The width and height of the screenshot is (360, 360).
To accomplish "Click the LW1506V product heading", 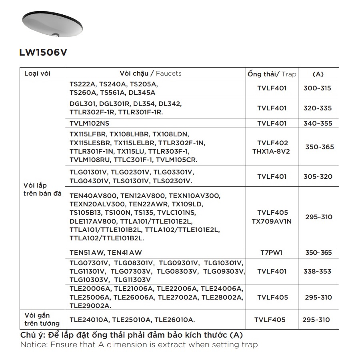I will (x=43, y=53).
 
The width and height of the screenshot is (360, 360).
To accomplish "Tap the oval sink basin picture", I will (x=52, y=24).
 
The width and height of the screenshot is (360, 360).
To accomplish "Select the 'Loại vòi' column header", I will (x=38, y=74).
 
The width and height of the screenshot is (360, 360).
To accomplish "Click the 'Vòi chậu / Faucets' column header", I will (x=150, y=74).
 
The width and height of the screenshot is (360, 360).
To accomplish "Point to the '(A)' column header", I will (x=318, y=74).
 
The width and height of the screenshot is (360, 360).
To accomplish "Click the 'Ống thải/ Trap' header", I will (x=272, y=74).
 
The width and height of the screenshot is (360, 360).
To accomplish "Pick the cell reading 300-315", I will (x=318, y=88).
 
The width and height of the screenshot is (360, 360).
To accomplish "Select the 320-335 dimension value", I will (x=318, y=108).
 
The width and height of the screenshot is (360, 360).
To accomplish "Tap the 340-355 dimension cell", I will (x=318, y=123).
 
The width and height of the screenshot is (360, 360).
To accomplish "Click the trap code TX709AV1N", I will (x=272, y=221).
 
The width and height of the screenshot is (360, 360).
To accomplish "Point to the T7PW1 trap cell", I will (x=272, y=253).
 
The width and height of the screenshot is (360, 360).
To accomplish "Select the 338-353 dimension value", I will (x=318, y=271).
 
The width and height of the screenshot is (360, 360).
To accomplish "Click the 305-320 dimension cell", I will (x=318, y=176).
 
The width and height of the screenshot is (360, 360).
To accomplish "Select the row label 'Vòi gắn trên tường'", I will (x=42, y=319).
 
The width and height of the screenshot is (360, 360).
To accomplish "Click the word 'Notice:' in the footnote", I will (x=34, y=344).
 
